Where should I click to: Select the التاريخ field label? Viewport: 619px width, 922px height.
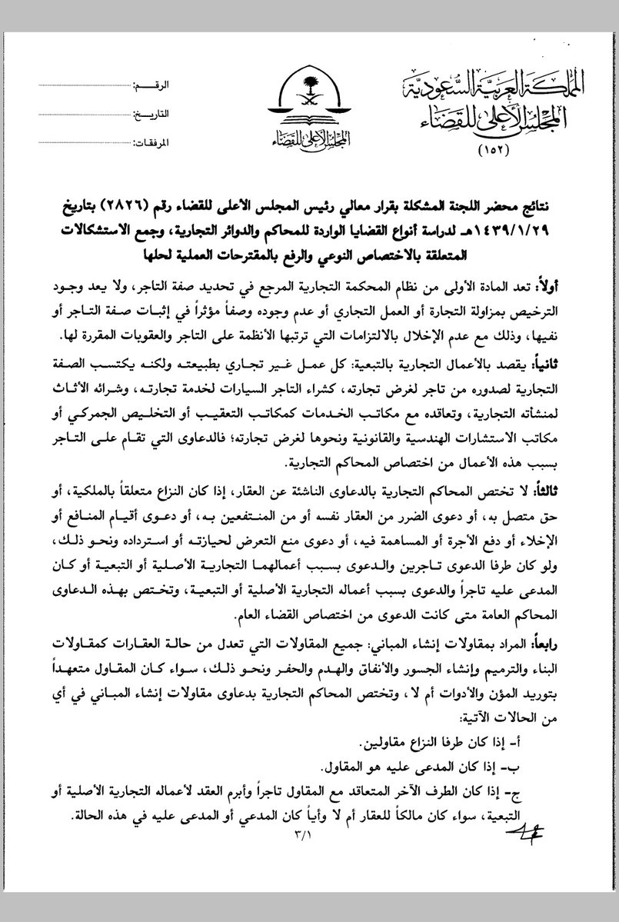click(x=151, y=113)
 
